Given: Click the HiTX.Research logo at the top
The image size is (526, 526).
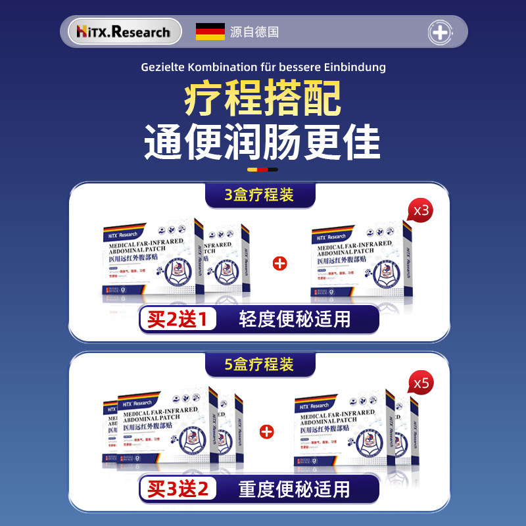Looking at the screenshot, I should click(x=124, y=32).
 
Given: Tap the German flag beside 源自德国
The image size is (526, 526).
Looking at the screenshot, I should click(x=210, y=32).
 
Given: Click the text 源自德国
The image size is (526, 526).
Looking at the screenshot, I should click(x=254, y=32).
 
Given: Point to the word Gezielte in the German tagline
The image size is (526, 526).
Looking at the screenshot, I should click(x=162, y=67).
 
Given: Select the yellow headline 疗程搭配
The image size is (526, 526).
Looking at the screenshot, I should click(x=262, y=99).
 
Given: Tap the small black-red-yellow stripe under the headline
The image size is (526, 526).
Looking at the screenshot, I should click(x=262, y=170).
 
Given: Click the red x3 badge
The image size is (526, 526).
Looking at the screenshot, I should click(x=419, y=212).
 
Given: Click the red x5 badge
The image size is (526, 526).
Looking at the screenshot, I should click(x=419, y=382).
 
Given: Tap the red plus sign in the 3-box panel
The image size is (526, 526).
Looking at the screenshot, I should click(x=279, y=264).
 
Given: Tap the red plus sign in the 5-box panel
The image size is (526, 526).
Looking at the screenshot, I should click(x=266, y=432).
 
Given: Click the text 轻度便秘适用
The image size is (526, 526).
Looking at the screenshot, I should click(x=294, y=320).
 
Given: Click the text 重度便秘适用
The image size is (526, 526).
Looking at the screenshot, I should click(x=294, y=489).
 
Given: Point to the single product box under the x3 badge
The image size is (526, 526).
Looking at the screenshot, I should click(x=363, y=263).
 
